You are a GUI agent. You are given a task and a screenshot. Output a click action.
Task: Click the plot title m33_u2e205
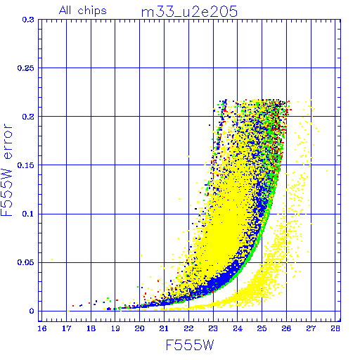tap(189, 12)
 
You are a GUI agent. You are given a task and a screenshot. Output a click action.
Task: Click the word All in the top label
tap(65, 11)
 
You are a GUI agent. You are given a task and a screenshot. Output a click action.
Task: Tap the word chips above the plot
tap(92, 11)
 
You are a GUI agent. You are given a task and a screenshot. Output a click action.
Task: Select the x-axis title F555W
tap(190, 345)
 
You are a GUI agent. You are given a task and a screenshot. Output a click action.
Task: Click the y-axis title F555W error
tap(6, 170)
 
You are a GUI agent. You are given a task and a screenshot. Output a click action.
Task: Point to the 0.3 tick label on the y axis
tap(28, 20)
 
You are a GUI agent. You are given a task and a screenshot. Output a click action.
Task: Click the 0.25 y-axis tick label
tap(25, 68)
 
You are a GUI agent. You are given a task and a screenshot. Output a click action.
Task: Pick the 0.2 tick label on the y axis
tap(28, 117)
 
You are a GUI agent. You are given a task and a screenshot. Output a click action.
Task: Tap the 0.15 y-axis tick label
tap(25, 165)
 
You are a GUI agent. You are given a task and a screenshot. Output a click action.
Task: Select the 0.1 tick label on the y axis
tap(28, 214)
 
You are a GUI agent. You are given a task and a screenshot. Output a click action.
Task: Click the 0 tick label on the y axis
tap(32, 311)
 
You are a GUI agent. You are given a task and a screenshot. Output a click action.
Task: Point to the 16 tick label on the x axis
tap(42, 328)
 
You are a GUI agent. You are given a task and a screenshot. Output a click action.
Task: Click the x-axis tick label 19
tap(115, 328)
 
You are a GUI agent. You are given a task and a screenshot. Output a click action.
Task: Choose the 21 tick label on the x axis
tap(164, 328)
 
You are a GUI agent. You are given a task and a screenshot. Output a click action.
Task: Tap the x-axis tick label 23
tap(213, 328)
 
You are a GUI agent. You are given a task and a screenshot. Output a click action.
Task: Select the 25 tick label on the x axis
tap(262, 328)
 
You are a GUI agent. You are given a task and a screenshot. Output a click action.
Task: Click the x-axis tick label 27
tap(311, 328)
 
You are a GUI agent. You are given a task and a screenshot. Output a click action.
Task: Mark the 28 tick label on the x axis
tap(335, 328)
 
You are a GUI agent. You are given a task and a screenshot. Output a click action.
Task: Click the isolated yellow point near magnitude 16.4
tap(52, 259)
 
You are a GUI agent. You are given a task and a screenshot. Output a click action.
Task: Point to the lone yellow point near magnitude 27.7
tap(327, 171)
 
